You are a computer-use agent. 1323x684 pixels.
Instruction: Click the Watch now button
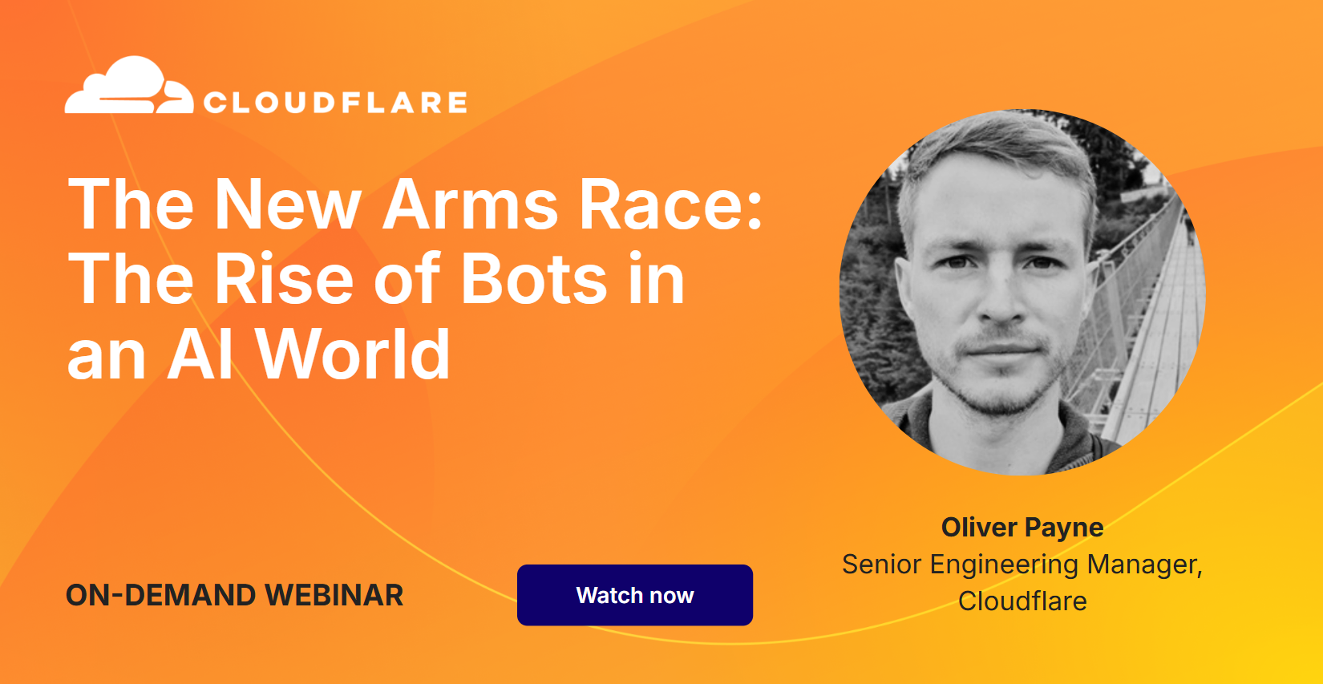click(634, 595)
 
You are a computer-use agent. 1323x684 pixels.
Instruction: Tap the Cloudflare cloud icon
click(128, 87)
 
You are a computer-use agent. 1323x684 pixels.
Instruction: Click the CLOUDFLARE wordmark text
click(335, 103)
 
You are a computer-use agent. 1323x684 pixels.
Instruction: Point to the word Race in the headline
click(670, 205)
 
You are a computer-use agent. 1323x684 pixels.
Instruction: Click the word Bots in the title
click(533, 279)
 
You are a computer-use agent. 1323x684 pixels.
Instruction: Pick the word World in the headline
click(353, 354)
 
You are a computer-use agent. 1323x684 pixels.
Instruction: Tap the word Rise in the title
click(284, 279)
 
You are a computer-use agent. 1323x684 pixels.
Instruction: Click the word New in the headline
click(288, 205)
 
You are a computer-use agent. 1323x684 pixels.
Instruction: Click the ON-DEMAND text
click(160, 595)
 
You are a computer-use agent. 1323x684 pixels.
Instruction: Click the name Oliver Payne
click(1022, 528)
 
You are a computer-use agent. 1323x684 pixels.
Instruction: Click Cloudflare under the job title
click(1022, 601)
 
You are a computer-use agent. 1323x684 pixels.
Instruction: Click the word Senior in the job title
click(881, 565)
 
